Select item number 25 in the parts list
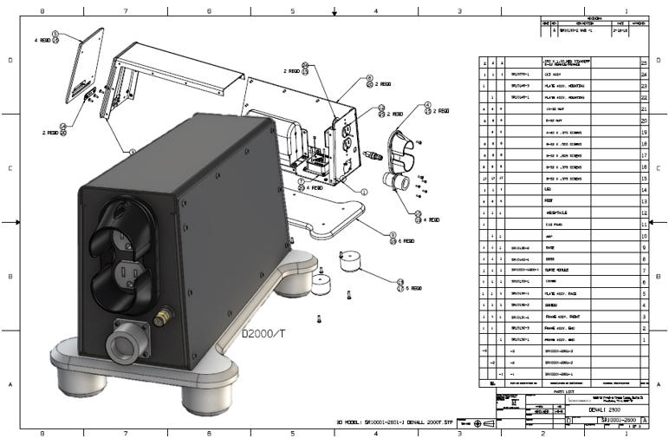coord(643,63)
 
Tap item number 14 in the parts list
coord(643,188)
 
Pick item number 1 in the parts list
coord(643,340)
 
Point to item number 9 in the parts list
coord(643,247)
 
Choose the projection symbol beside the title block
coord(476,422)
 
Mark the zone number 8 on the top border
coord(42,11)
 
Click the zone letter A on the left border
coord(10,383)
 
